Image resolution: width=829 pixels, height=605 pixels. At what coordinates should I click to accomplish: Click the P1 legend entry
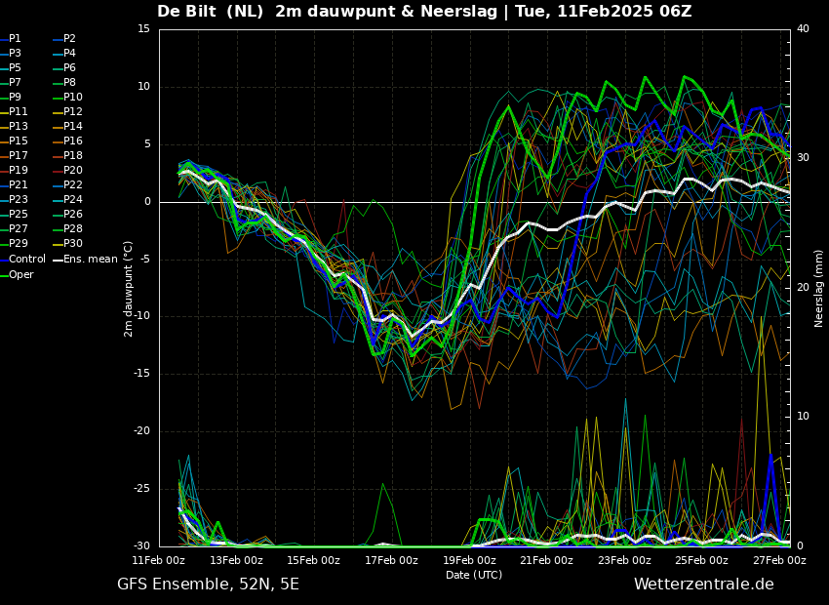[x=11, y=39]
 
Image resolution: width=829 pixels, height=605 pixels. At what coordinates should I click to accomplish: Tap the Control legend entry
[x=22, y=260]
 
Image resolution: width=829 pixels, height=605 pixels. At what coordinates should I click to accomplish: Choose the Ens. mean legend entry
[x=86, y=260]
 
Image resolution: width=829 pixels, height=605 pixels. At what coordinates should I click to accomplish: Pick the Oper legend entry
[x=17, y=274]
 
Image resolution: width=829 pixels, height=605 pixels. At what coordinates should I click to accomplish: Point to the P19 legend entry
[x=14, y=171]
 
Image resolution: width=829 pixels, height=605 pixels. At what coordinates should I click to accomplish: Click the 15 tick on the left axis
[x=143, y=28]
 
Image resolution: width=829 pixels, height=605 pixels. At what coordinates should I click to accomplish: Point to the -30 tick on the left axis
[x=140, y=545]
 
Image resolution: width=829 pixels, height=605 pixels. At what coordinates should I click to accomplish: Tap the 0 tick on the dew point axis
[x=147, y=201]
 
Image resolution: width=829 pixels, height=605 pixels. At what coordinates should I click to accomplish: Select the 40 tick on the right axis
[x=803, y=28]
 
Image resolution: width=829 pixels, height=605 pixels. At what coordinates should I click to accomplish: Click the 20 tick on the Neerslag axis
[x=803, y=287]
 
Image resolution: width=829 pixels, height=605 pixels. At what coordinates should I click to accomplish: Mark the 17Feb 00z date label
[x=391, y=560]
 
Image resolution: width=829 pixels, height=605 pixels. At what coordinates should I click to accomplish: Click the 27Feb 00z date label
[x=780, y=560]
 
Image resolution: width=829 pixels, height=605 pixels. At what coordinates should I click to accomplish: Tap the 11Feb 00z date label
[x=159, y=560]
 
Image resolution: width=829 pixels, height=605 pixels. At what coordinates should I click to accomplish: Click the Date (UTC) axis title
[x=474, y=575]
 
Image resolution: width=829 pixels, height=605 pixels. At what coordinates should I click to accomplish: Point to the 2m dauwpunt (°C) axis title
[x=128, y=289]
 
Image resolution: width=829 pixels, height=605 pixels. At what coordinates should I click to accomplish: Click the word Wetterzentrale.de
[x=704, y=585]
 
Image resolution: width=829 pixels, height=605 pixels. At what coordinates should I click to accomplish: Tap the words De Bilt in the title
[x=183, y=11]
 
